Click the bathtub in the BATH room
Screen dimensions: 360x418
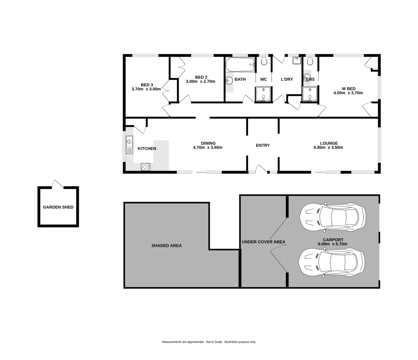click(240, 64)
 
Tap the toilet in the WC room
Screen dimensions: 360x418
click(264, 61)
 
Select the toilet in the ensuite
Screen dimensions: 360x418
click(310, 61)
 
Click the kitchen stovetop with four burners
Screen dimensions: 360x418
click(145, 167)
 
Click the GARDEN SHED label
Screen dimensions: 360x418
click(58, 207)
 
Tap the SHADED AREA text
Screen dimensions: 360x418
click(166, 246)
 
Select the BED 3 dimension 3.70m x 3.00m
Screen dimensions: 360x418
click(146, 89)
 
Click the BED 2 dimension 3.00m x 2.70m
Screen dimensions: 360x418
click(200, 81)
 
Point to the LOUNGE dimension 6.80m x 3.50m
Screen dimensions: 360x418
click(329, 147)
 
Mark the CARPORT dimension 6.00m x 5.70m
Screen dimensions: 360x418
click(333, 244)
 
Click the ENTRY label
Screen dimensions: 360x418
click(263, 145)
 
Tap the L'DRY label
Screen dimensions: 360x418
click(287, 79)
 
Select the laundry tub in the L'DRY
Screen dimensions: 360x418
click(297, 60)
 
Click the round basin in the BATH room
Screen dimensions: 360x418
click(229, 80)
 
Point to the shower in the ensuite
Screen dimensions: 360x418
click(310, 94)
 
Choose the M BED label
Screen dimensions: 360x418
click(349, 89)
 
